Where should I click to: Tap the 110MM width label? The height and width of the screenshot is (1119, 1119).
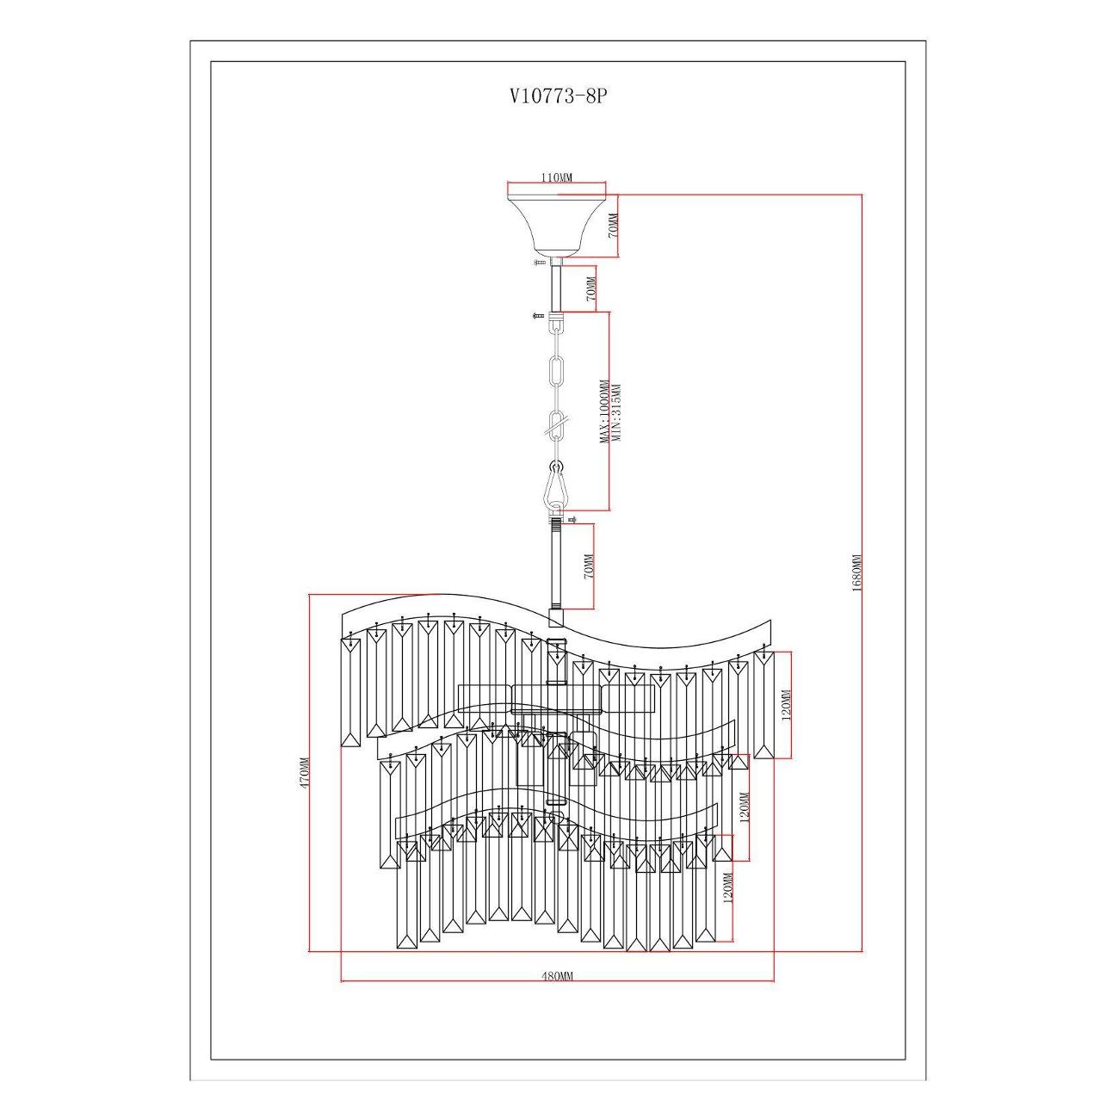coord(556,177)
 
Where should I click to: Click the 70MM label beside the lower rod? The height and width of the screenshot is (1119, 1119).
coord(589,566)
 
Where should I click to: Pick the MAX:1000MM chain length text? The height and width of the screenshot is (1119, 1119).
coord(604,411)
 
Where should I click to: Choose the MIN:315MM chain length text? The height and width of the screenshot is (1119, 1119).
coord(616,413)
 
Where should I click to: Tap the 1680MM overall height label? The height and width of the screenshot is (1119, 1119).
coord(856,573)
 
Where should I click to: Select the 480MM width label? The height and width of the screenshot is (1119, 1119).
coord(556,976)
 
